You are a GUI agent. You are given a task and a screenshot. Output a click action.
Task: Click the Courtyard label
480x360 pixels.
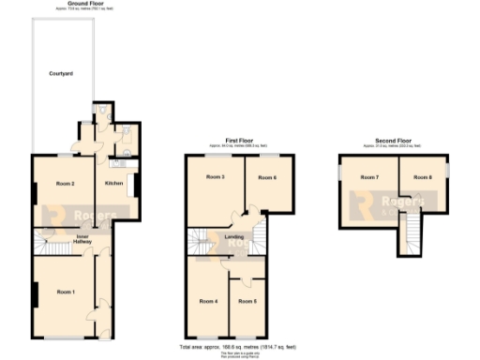tap(63, 73)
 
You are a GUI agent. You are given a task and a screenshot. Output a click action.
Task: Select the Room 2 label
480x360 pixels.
tap(65, 183)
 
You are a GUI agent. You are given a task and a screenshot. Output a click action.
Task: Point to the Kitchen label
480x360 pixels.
tap(115, 183)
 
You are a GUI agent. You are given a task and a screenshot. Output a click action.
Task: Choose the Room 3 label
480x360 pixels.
tap(216, 177)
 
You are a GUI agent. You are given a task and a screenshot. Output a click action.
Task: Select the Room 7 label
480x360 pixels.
tap(371, 177)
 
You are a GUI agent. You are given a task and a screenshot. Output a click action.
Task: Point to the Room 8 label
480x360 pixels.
tap(423, 177)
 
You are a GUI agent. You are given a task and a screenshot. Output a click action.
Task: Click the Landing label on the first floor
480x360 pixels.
tap(235, 236)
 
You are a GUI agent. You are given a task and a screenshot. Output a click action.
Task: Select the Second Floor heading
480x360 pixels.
tap(394, 142)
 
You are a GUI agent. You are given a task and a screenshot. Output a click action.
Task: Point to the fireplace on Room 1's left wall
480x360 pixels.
tap(36, 294)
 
